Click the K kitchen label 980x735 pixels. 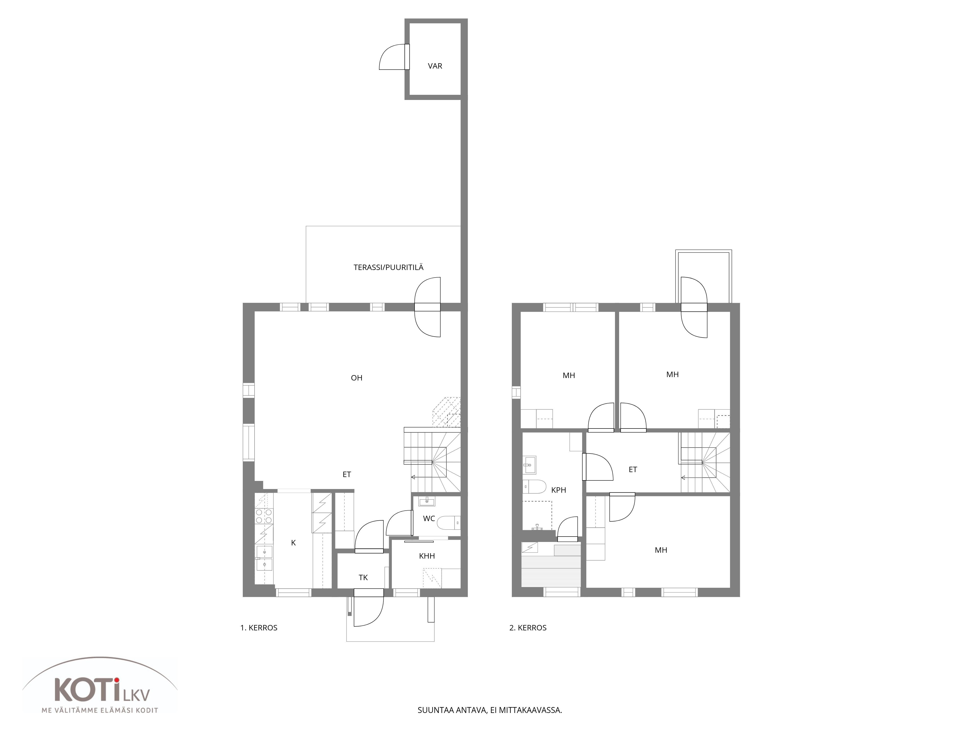pos(293,543)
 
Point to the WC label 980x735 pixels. pos(429,518)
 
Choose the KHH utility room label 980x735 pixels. pos(427,556)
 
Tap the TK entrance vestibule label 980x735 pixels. pos(363,577)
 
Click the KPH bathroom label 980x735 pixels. pos(559,490)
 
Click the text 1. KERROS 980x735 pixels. pos(259,628)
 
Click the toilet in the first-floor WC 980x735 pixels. pos(449,524)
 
